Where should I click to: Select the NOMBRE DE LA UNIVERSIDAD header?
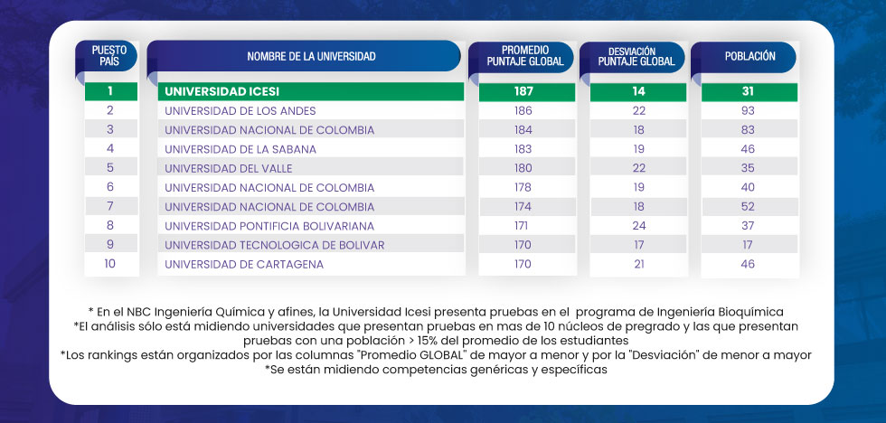311,56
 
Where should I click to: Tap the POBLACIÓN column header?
749,56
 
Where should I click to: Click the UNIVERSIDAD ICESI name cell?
222,91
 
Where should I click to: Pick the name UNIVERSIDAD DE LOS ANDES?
240,110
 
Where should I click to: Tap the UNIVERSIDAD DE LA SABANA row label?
240,148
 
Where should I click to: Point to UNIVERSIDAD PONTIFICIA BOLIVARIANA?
269,226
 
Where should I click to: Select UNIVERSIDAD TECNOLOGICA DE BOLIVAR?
275,245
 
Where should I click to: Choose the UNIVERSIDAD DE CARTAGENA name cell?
244,265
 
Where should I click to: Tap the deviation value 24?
638,226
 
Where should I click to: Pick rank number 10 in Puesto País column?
110,265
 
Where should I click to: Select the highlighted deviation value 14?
638,91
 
